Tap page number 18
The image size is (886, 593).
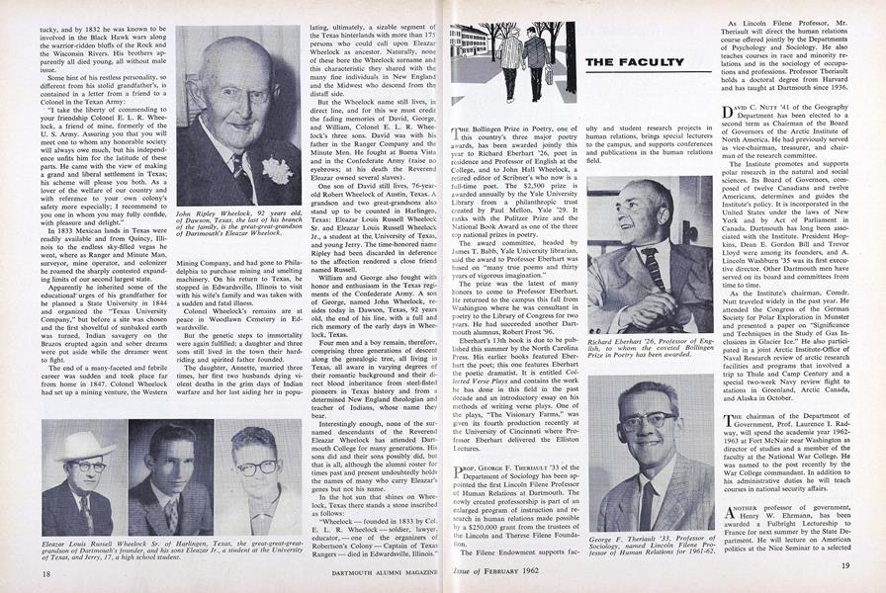point(20,572)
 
